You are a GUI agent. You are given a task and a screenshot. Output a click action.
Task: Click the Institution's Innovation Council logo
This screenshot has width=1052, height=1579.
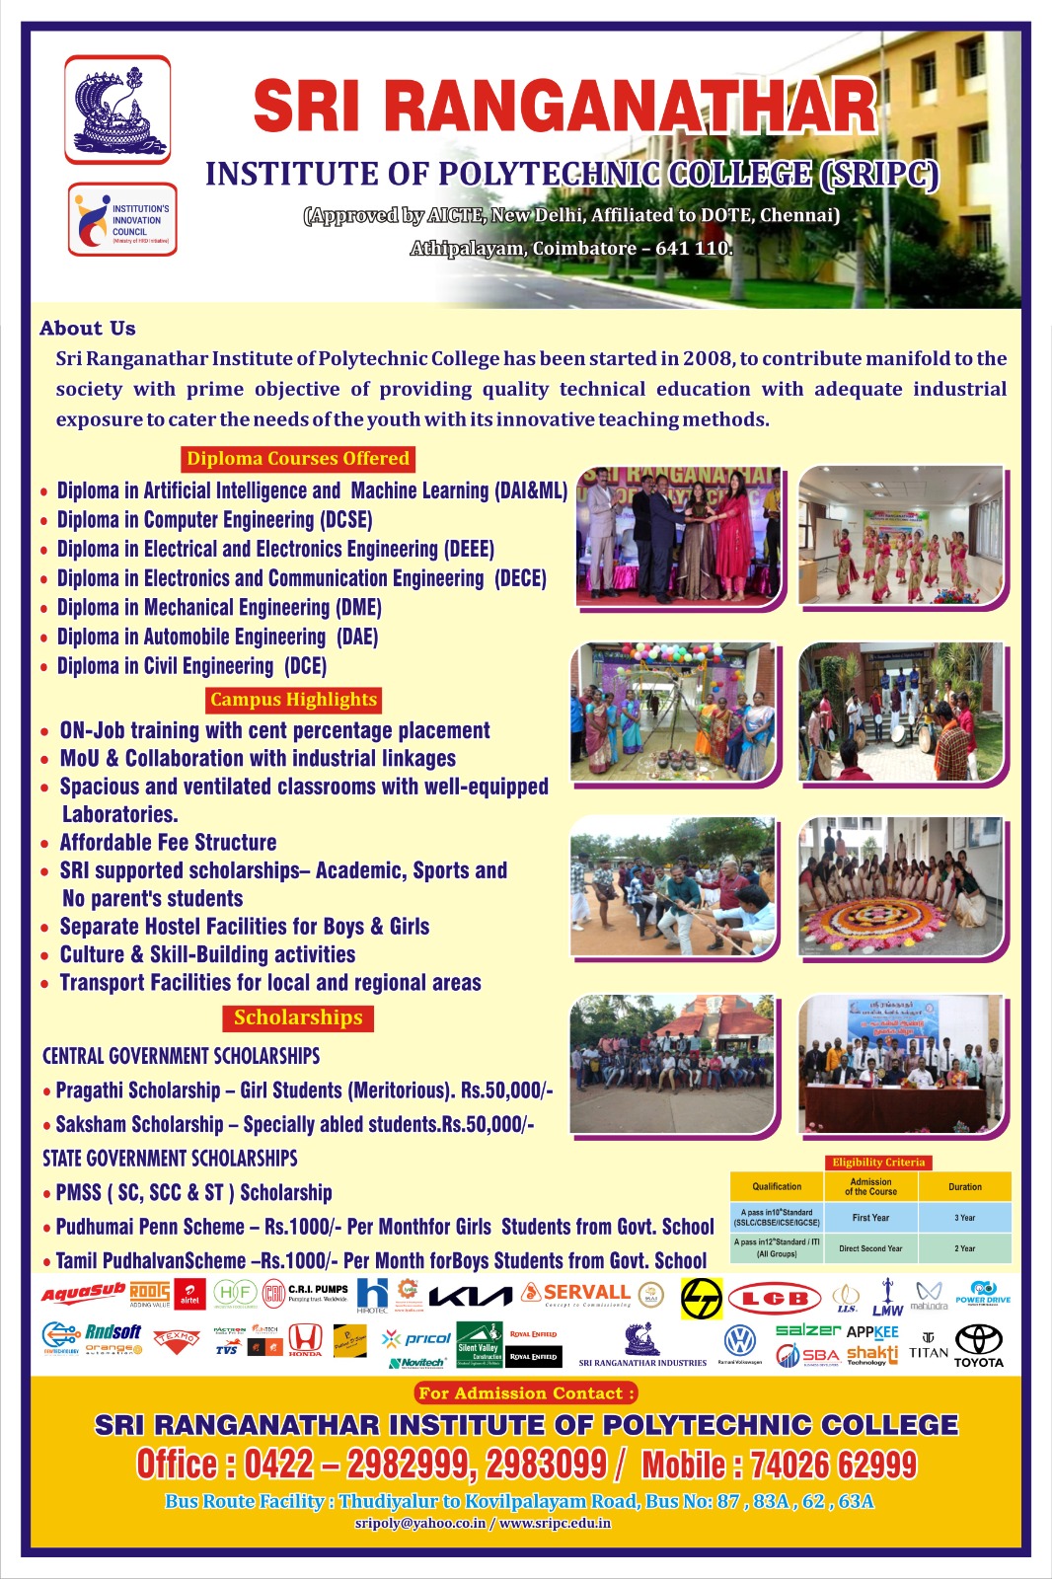click(122, 220)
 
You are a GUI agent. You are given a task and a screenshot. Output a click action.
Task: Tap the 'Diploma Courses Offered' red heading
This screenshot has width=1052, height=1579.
click(297, 459)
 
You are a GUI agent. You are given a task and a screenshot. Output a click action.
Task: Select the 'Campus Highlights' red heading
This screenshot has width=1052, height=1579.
click(293, 700)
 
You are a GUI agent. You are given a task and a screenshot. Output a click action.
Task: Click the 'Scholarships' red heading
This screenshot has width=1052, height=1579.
click(298, 1017)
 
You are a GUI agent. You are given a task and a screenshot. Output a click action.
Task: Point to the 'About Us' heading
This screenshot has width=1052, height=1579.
click(88, 329)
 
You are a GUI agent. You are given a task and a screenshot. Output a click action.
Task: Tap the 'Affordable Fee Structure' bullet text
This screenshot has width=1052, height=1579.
click(168, 843)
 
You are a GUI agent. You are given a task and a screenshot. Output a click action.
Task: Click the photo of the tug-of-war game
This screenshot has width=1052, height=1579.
click(673, 887)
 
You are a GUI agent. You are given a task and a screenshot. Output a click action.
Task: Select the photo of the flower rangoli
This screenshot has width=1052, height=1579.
click(900, 887)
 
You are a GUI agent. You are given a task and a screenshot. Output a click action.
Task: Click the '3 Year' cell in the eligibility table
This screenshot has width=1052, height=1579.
click(964, 1218)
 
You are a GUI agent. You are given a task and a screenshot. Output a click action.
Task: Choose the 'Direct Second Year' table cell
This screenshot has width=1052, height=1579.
click(870, 1248)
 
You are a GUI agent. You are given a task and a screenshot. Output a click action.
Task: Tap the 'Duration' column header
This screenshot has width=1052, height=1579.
click(964, 1187)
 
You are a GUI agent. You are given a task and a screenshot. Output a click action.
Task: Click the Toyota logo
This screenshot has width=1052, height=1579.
click(978, 1344)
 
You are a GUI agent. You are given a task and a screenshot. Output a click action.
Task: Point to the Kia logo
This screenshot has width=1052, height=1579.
click(471, 1296)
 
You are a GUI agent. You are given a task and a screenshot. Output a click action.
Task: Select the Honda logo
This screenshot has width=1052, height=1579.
click(305, 1339)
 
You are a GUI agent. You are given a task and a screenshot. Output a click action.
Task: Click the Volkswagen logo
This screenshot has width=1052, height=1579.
click(739, 1340)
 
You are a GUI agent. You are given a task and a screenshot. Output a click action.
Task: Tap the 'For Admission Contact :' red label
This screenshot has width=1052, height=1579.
click(526, 1393)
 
